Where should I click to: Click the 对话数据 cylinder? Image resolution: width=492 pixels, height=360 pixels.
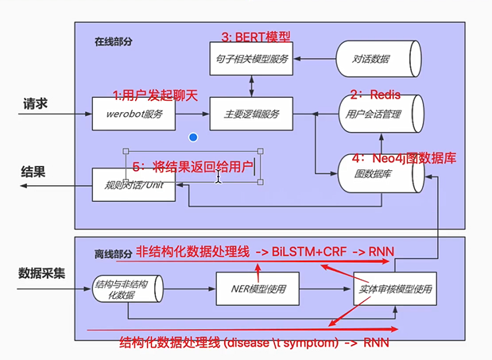pyautogui.click(x=373, y=60)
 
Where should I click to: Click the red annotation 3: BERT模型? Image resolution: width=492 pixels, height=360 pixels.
pyautogui.click(x=256, y=37)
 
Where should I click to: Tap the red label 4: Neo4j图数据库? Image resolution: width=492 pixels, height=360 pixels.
pyautogui.click(x=404, y=157)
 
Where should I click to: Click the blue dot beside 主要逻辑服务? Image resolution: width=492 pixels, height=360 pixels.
pyautogui.click(x=193, y=137)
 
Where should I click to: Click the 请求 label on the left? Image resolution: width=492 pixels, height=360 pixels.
pyautogui.click(x=37, y=104)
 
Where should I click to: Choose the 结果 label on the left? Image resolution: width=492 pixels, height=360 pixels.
pyautogui.click(x=35, y=172)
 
